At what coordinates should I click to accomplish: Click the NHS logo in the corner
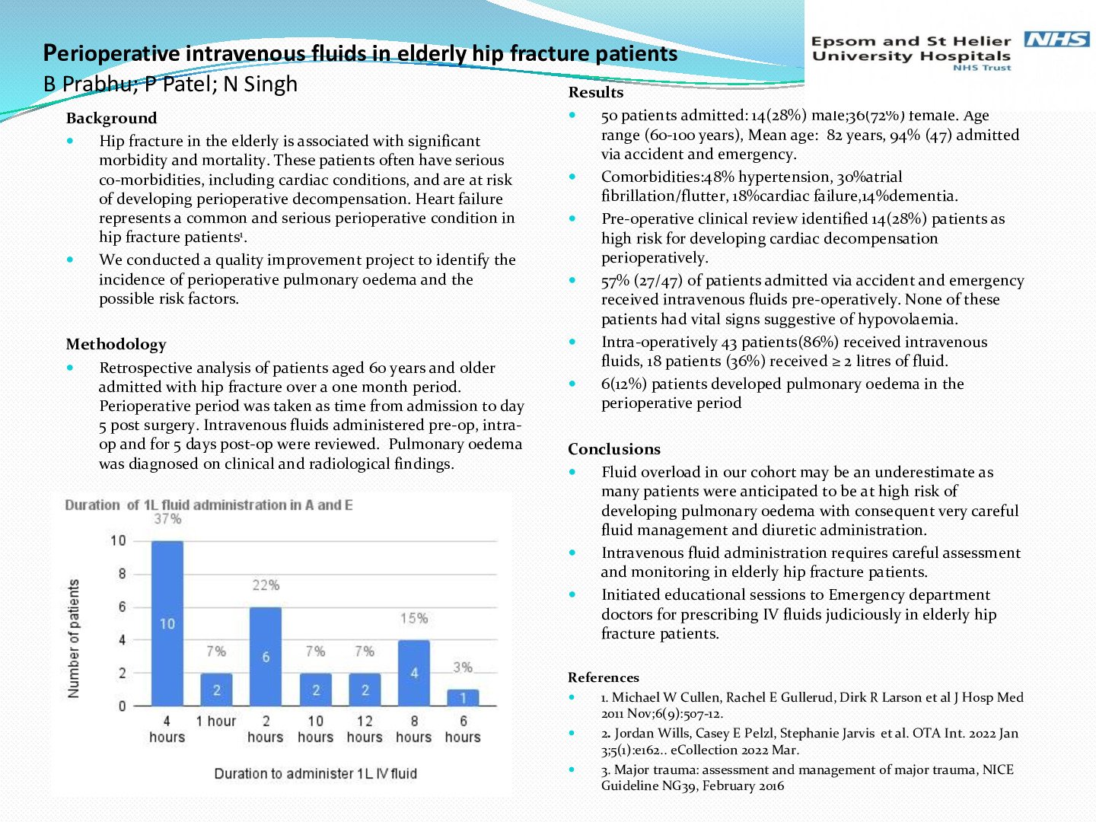click(x=1056, y=39)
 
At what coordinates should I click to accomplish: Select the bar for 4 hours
click(x=167, y=623)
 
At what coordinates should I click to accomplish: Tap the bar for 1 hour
click(x=216, y=690)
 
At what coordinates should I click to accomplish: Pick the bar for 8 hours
click(x=414, y=673)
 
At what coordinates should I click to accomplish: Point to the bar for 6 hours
click(x=463, y=697)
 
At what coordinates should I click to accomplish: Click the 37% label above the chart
click(x=167, y=519)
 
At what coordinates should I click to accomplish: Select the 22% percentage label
click(x=266, y=585)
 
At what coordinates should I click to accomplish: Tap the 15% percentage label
click(x=414, y=618)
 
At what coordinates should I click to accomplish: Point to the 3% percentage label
click(x=463, y=667)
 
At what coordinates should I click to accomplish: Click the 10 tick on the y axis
click(x=118, y=541)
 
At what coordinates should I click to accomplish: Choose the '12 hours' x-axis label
click(x=365, y=729)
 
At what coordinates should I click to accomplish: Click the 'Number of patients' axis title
click(x=74, y=639)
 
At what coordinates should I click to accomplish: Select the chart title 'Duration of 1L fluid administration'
click(x=209, y=505)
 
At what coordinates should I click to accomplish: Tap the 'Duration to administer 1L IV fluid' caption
click(x=315, y=773)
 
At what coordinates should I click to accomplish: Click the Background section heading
click(x=111, y=118)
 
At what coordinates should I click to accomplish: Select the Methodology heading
click(x=116, y=344)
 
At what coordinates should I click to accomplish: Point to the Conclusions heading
click(x=613, y=449)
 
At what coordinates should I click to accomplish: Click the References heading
click(x=603, y=677)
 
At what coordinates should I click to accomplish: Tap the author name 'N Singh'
click(x=260, y=84)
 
